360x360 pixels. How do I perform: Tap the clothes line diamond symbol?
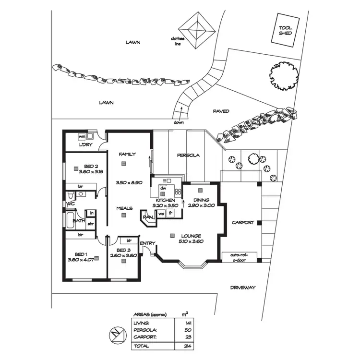click(196, 30)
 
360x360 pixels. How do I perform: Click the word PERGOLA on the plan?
click(188, 156)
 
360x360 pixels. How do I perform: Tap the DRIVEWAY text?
click(242, 288)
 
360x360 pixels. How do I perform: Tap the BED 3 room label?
click(123, 251)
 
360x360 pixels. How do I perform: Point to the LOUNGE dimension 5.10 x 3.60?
click(191, 241)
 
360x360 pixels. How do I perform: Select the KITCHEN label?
click(165, 200)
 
